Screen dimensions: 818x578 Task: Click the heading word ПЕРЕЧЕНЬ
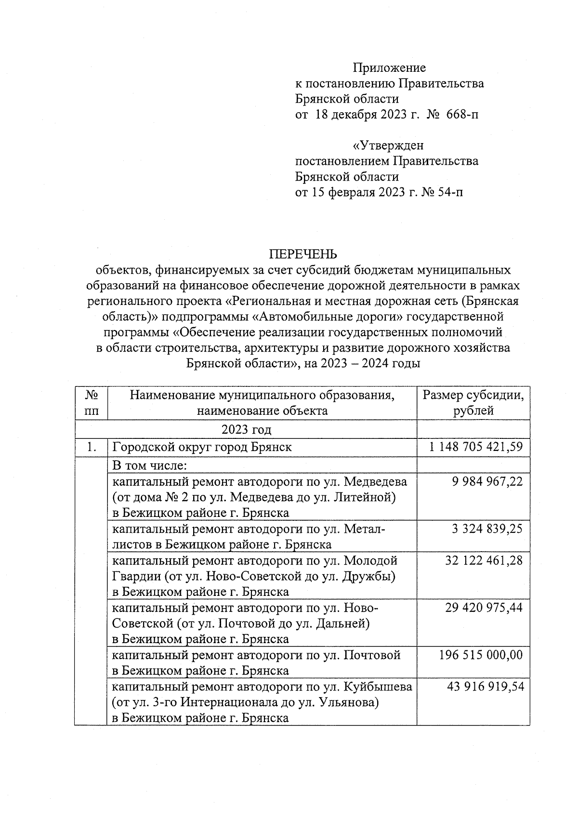click(302, 254)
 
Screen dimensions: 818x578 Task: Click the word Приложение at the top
click(389, 68)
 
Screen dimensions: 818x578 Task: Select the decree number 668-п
click(463, 115)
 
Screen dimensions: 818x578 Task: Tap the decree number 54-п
click(450, 193)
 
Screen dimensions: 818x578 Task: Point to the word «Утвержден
click(388, 145)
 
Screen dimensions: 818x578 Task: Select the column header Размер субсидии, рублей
click(473, 403)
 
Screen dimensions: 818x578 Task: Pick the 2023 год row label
click(246, 429)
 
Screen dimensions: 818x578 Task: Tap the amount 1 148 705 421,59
click(475, 447)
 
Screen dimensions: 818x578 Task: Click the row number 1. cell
click(90, 447)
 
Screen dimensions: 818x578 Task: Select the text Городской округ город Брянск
click(202, 447)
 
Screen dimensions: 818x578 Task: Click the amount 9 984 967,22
click(487, 481)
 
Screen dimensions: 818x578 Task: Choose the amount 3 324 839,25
click(487, 529)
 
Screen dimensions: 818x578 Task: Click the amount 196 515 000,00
click(481, 655)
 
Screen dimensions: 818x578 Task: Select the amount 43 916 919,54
click(485, 686)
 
